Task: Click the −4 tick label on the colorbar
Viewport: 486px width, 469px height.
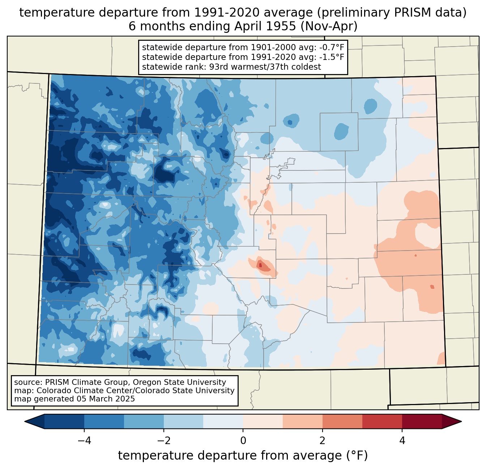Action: (x=84, y=440)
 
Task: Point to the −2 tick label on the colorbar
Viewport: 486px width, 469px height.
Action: (x=163, y=440)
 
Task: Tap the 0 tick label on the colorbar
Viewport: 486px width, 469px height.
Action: (x=243, y=440)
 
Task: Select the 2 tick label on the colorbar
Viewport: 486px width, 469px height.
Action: (x=323, y=440)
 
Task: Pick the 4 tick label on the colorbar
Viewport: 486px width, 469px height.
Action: (x=402, y=440)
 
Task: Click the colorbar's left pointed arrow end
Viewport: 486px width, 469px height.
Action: (x=25, y=422)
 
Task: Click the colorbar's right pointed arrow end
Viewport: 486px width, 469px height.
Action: (x=461, y=422)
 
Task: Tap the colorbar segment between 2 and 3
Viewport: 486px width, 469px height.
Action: (x=342, y=422)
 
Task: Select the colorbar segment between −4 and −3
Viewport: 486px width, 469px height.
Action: (x=104, y=422)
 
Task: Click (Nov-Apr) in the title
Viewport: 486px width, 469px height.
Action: (x=329, y=26)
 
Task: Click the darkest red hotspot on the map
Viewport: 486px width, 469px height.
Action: (x=260, y=265)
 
